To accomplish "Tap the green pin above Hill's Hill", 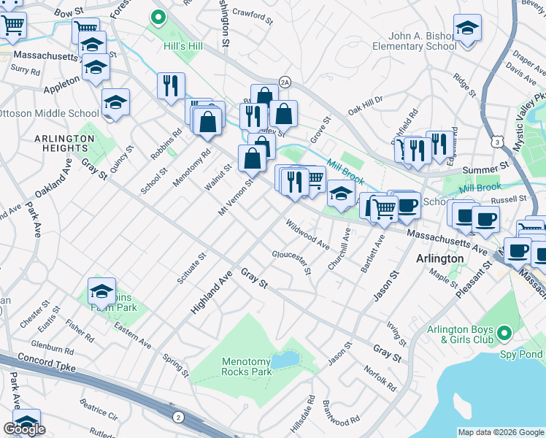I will tap(158, 16).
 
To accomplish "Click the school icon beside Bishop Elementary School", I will tap(467, 29).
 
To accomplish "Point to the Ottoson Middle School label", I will tap(49, 113).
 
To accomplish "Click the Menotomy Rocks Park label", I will tap(247, 366).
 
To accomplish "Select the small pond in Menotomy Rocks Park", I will tap(285, 359).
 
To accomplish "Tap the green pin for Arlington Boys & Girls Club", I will tap(503, 335).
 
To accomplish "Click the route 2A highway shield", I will tap(285, 82).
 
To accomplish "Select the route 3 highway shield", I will tap(497, 137).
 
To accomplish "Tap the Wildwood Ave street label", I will tap(307, 234).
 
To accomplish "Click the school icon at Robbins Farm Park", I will tap(101, 291).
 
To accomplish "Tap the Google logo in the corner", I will tap(24, 429).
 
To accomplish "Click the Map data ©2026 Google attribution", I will tap(500, 432).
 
